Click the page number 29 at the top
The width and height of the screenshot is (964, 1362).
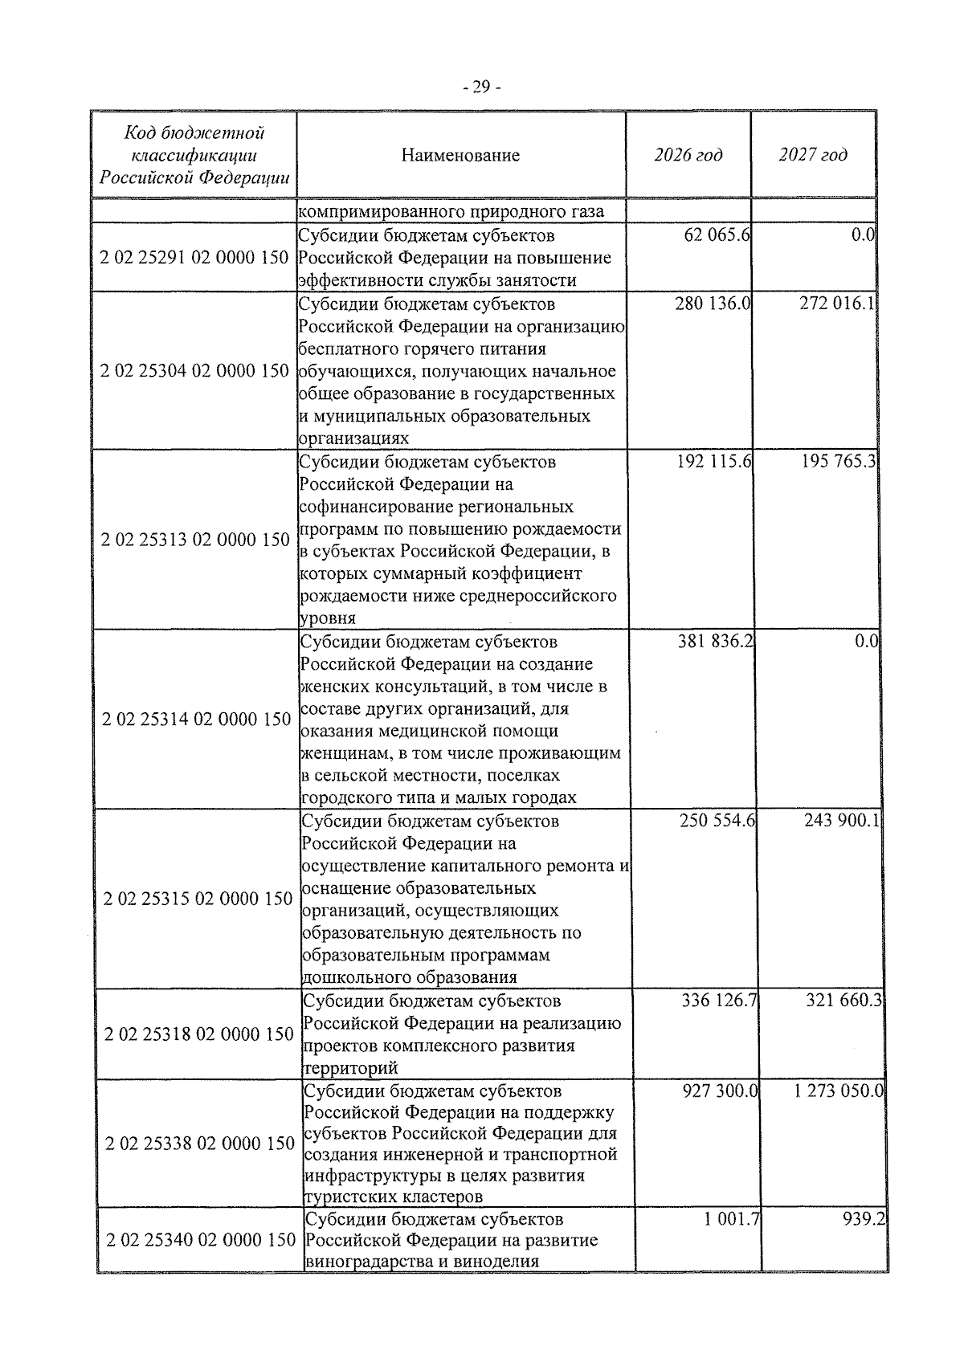coord(481,88)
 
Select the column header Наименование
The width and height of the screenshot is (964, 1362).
coord(460,155)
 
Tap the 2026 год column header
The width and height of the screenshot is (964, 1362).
coord(688,155)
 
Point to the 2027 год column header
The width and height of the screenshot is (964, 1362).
coord(812,155)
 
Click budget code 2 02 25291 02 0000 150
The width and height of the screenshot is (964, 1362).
coord(195,258)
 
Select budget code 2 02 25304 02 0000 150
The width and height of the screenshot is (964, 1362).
coord(195,371)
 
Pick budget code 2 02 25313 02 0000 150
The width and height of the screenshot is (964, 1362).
coord(195,540)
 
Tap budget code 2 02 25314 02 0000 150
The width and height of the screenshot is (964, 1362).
coord(196,719)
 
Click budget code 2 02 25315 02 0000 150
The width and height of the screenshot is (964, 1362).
coord(198,899)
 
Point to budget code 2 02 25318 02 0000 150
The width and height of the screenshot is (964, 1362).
coord(198,1034)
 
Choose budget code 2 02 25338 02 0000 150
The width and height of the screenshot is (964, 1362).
coord(199,1144)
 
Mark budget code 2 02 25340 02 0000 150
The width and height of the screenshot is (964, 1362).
coord(200,1262)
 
